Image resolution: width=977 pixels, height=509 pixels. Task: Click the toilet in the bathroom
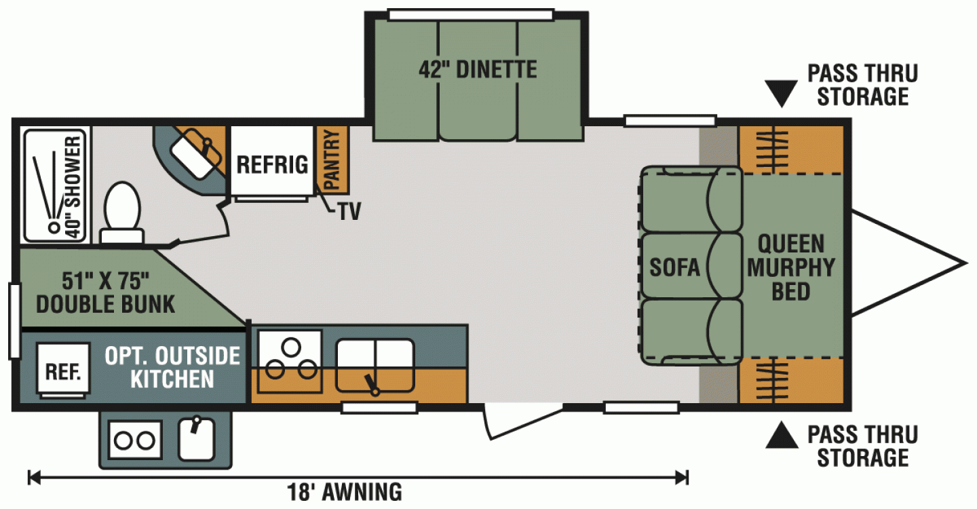(x=122, y=212)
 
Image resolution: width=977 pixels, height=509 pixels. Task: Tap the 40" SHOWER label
(x=73, y=187)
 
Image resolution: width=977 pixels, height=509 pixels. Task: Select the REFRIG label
(x=272, y=165)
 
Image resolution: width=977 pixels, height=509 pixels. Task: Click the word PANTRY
(x=332, y=159)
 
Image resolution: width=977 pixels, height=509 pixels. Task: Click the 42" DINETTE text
(x=478, y=70)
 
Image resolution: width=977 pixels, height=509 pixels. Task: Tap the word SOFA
(x=674, y=267)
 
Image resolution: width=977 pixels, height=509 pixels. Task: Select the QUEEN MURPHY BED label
(x=791, y=267)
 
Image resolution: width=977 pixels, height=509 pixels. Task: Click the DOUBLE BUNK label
(x=106, y=304)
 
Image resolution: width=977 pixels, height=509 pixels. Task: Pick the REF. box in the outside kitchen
(x=63, y=371)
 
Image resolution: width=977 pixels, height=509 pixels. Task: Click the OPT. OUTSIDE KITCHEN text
(x=172, y=367)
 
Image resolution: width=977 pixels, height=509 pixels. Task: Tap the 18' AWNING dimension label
(x=345, y=492)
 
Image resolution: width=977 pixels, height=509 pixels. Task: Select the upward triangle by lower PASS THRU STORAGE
(x=782, y=435)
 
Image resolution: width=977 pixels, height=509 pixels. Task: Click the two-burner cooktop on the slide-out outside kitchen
(x=135, y=440)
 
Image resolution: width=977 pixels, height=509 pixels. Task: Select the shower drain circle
(x=54, y=227)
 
